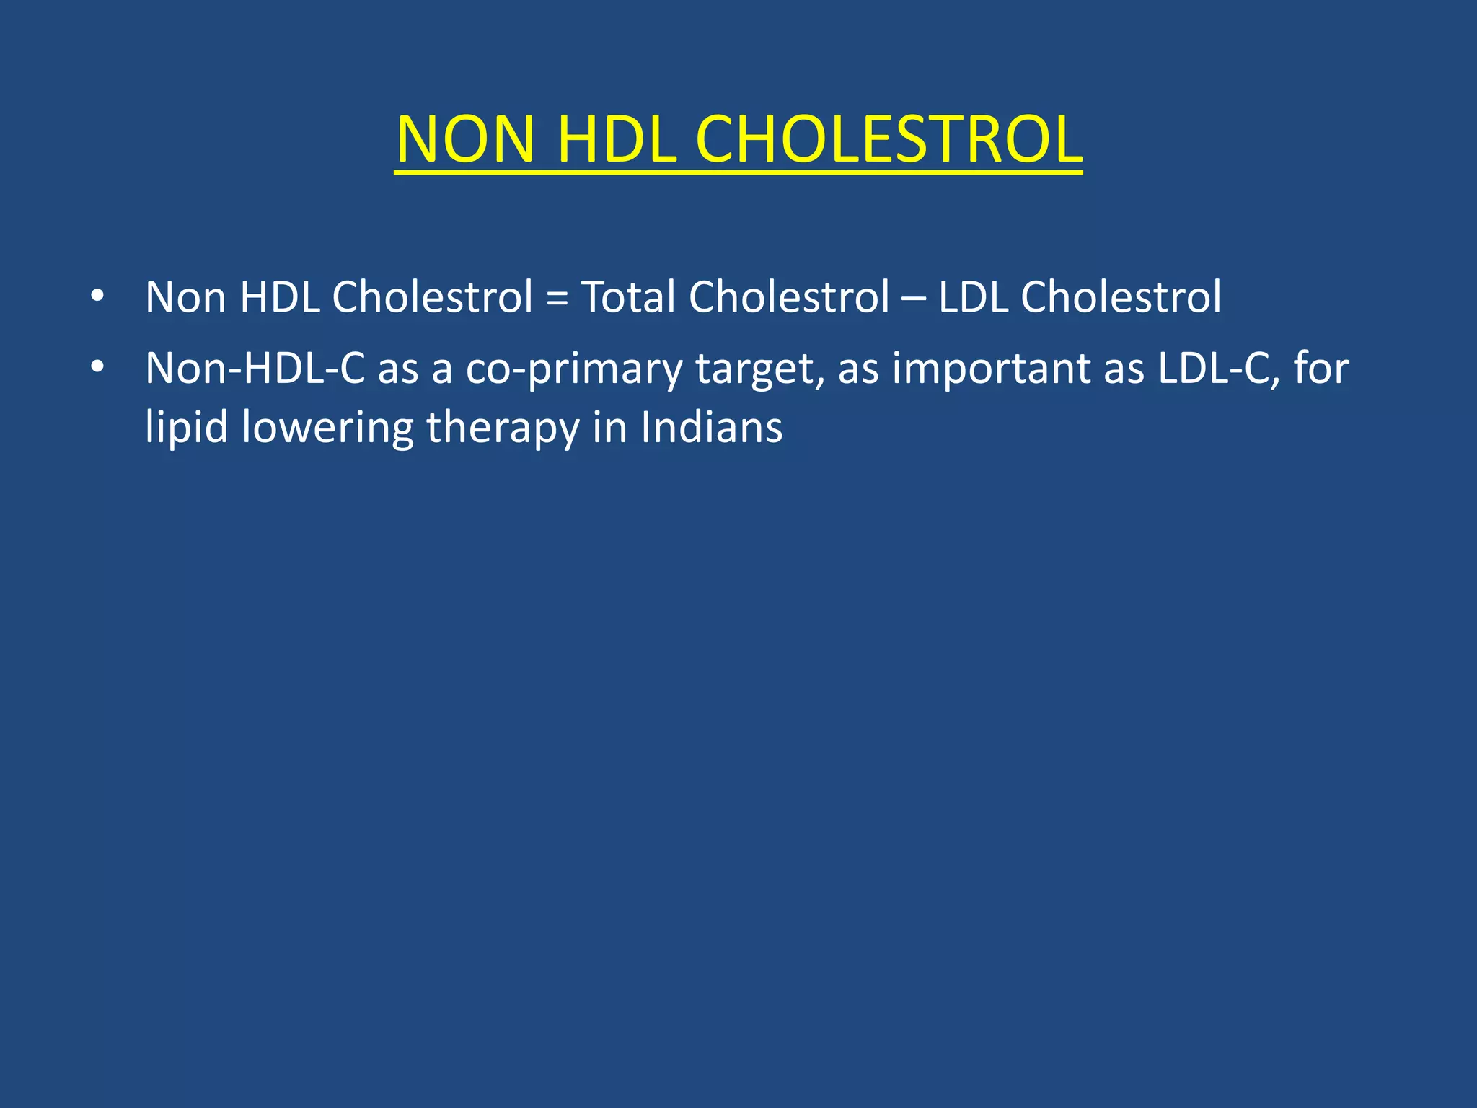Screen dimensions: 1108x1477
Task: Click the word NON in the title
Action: coord(466,139)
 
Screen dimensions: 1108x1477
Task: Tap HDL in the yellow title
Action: coord(617,139)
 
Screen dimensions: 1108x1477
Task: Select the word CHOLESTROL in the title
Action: coord(889,139)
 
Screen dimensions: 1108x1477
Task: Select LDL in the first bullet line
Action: coord(973,296)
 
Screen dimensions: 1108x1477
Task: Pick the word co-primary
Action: coord(573,369)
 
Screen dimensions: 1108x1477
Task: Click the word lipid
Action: coord(187,427)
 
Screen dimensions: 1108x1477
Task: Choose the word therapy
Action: coord(503,427)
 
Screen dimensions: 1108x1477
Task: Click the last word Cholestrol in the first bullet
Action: coord(1121,296)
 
